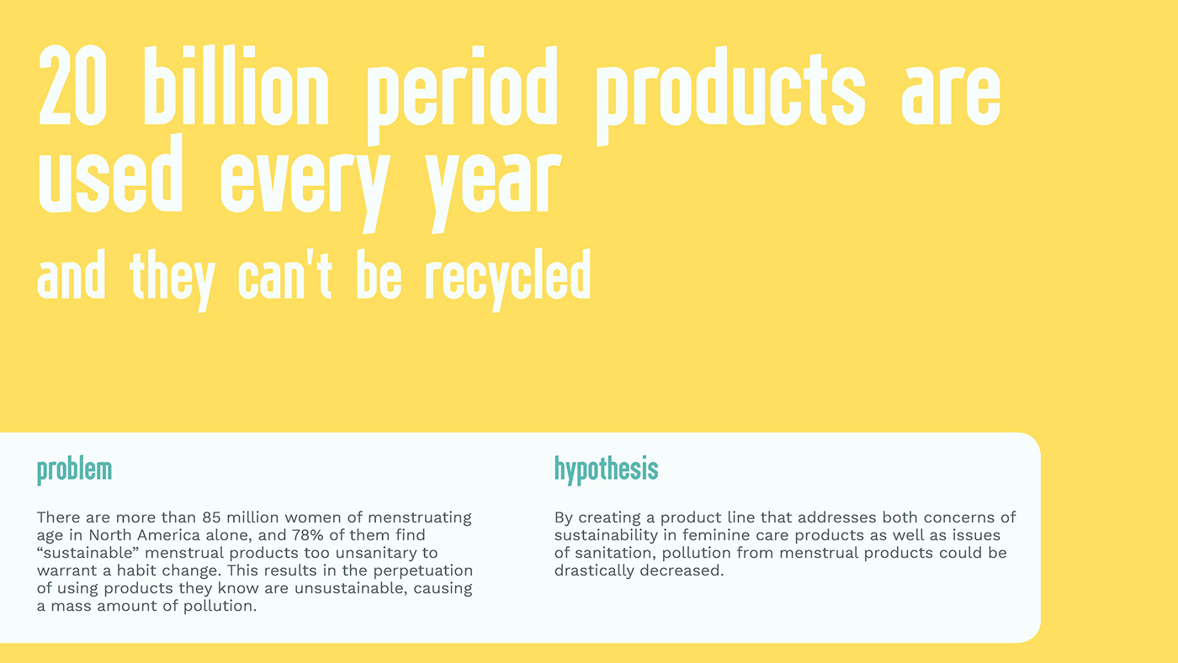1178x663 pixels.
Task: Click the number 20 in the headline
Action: [x=72, y=86]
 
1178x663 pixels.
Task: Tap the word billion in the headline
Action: [x=236, y=86]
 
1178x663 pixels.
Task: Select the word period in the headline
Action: [x=462, y=95]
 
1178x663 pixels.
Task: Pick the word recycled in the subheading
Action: [x=508, y=280]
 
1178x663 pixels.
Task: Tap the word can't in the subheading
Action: [x=284, y=275]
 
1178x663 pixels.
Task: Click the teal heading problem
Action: [x=75, y=470]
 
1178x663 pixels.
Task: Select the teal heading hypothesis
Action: [x=607, y=469]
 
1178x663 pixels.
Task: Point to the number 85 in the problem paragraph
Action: [x=211, y=517]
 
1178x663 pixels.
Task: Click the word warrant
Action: [x=66, y=570]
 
